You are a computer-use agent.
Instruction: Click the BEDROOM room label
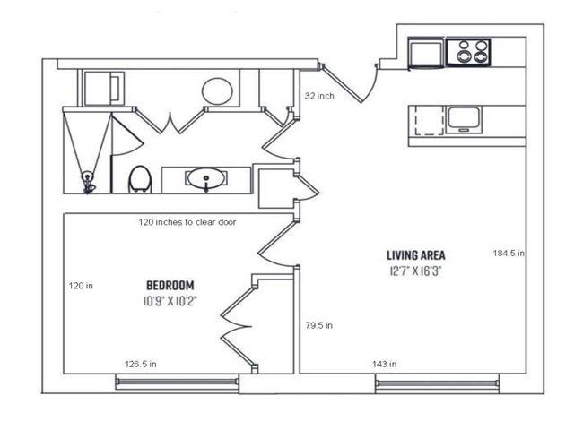[x=170, y=285]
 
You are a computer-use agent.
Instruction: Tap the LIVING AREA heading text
[x=415, y=255]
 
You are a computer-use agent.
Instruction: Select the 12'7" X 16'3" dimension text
[x=415, y=271]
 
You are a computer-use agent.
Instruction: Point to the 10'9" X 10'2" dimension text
[x=170, y=301]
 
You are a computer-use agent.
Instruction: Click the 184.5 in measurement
[x=509, y=254]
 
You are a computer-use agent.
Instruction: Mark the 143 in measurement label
[x=385, y=364]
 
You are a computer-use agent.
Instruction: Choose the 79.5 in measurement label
[x=319, y=326]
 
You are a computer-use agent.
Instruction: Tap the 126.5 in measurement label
[x=141, y=364]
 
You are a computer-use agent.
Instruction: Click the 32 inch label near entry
[x=319, y=96]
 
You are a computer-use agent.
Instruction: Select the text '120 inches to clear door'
[x=187, y=222]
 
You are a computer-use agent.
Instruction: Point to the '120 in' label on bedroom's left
[x=81, y=286]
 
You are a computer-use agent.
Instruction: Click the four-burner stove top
[x=468, y=52]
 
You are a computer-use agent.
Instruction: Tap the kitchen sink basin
[x=464, y=119]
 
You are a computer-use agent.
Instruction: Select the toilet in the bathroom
[x=140, y=180]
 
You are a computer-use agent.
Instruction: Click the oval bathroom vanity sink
[x=205, y=178]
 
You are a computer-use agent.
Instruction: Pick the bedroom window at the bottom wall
[x=177, y=383]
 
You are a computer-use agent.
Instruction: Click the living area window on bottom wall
[x=437, y=383]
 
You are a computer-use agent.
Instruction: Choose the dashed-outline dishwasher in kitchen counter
[x=430, y=119]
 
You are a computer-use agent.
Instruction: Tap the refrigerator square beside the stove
[x=426, y=53]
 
